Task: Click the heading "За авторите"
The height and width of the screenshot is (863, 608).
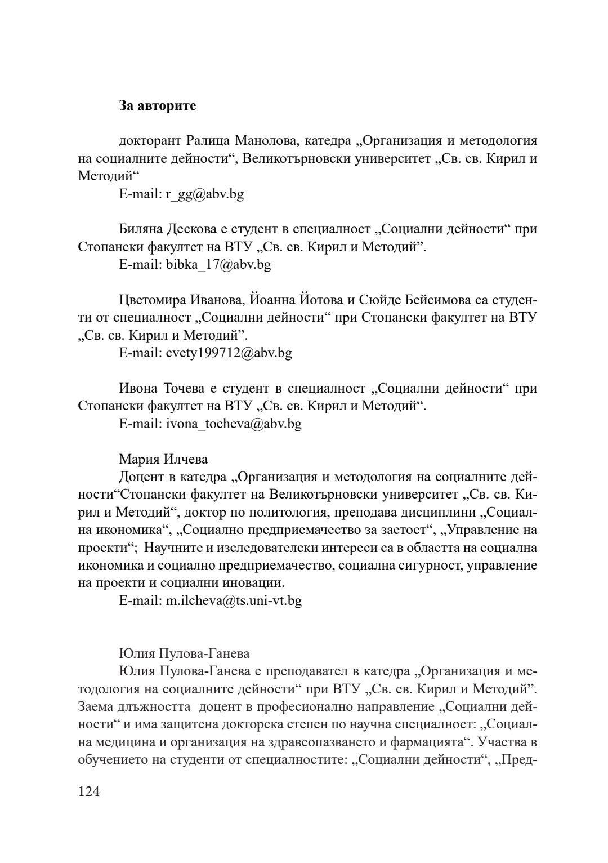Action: [x=158, y=105]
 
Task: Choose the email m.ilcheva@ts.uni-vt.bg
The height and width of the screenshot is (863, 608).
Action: [x=233, y=600]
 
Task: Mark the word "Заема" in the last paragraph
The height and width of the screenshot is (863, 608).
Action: [x=94, y=707]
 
